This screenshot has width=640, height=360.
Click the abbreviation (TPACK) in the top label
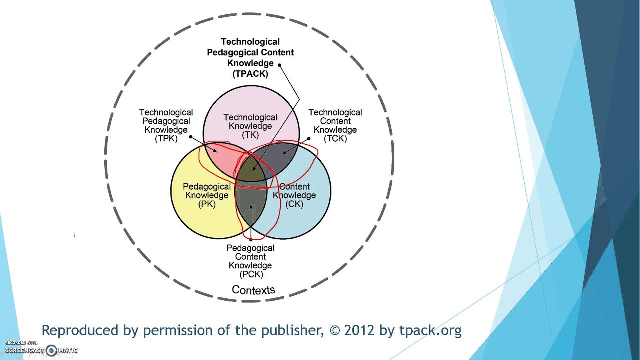(x=250, y=74)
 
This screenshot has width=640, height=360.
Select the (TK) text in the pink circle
(x=250, y=135)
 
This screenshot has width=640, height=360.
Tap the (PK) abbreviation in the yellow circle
(x=207, y=204)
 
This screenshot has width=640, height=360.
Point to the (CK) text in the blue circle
(x=294, y=204)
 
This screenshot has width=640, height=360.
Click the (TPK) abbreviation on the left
(x=166, y=138)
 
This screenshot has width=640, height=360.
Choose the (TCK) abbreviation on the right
(x=335, y=138)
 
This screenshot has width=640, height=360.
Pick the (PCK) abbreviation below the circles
(x=251, y=274)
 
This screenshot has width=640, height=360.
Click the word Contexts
(x=253, y=290)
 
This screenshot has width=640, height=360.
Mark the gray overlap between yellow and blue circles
(x=251, y=210)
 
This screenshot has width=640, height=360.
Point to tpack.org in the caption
(x=430, y=330)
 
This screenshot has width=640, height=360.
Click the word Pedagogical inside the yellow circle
(x=207, y=187)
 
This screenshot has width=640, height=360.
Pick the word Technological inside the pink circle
(x=250, y=118)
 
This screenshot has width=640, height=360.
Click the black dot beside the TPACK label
(x=279, y=65)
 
